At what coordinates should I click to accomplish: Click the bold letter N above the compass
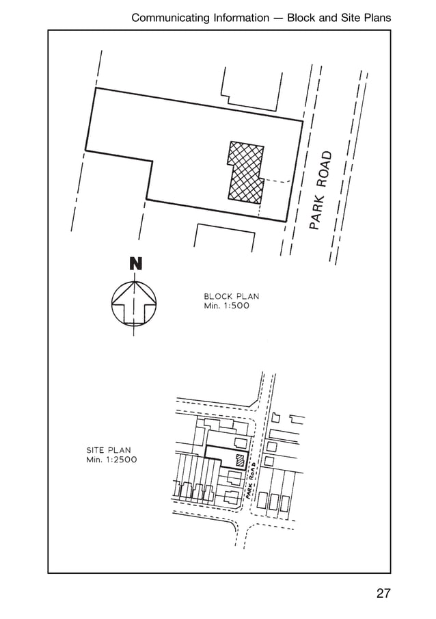(x=136, y=264)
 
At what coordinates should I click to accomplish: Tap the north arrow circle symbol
(x=112, y=303)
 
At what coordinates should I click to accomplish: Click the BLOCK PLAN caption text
(x=231, y=296)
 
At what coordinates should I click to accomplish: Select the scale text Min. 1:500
(x=226, y=306)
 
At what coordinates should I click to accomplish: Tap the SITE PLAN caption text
(x=109, y=450)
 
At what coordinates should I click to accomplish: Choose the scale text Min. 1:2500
(x=111, y=460)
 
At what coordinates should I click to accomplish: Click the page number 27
(x=383, y=593)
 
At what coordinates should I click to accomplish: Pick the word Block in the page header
(x=301, y=18)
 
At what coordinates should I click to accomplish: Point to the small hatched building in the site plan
(x=239, y=460)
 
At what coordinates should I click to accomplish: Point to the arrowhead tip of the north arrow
(x=135, y=282)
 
